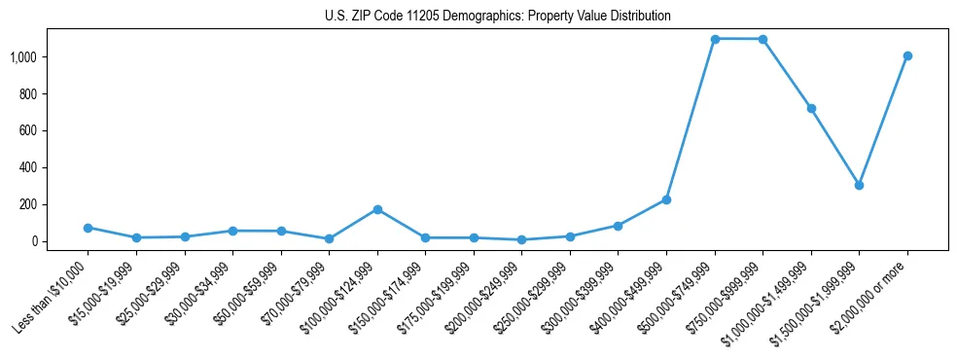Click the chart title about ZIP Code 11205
click(497, 17)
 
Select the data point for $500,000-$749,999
click(715, 39)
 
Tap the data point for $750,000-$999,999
click(762, 39)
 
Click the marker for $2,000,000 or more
click(907, 55)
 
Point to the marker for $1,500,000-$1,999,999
click(859, 185)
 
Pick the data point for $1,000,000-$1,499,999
click(811, 108)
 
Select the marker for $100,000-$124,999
click(377, 209)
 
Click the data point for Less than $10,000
click(89, 228)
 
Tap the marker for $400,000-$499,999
click(666, 199)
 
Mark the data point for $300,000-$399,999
click(619, 226)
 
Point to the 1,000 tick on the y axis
click(23, 57)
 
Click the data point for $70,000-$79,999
click(329, 238)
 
